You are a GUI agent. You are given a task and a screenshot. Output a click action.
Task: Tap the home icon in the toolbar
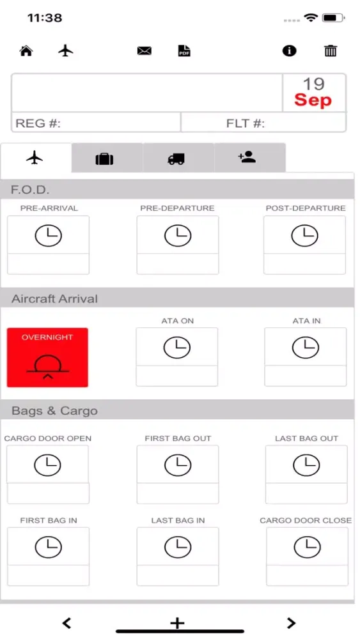tap(26, 51)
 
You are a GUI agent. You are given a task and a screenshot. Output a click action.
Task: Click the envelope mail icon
tap(145, 51)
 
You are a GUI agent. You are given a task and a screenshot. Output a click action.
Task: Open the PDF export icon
tap(184, 51)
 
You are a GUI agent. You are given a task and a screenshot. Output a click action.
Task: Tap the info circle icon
tap(290, 51)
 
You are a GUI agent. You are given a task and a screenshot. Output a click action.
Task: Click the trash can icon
tap(331, 51)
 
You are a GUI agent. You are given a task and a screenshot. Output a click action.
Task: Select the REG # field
tap(96, 122)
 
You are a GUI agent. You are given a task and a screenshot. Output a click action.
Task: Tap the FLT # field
tap(264, 122)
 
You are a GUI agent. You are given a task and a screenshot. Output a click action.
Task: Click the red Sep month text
tap(313, 100)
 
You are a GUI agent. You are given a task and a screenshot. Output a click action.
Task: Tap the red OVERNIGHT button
tap(47, 357)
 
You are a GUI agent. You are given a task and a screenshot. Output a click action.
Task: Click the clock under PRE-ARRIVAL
tap(48, 236)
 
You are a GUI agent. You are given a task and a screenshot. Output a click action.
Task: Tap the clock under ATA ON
tap(177, 347)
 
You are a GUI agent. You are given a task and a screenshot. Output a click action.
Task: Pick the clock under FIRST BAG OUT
tap(178, 465)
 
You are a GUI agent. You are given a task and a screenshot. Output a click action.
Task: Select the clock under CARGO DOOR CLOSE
tap(308, 547)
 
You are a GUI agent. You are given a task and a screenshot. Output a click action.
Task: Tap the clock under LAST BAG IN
tap(178, 547)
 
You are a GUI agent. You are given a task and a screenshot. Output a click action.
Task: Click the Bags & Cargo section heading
tap(54, 410)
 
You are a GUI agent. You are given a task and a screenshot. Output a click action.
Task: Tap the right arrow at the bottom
tap(291, 622)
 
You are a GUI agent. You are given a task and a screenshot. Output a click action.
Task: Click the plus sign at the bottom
tap(177, 622)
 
